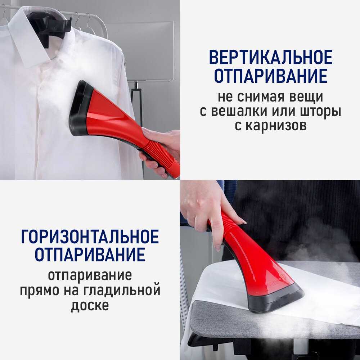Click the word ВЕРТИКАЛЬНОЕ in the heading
tap(271, 57)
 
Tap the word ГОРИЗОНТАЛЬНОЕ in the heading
tap(90, 236)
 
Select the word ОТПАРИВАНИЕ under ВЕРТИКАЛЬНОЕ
tap(271, 76)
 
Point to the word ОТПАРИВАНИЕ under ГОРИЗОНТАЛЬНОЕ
tap(90, 255)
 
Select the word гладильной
tap(122, 291)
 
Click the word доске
tap(90, 305)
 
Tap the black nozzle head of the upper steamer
tap(79, 108)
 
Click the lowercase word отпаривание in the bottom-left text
tap(90, 275)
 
